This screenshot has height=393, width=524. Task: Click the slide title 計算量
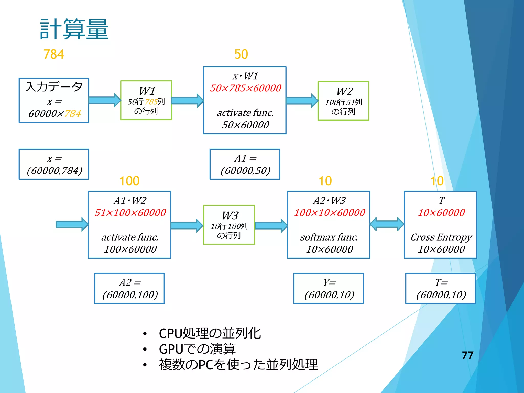74,29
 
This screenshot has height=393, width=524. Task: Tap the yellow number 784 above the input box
53,54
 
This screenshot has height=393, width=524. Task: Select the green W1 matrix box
146,100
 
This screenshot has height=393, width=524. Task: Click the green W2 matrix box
343,101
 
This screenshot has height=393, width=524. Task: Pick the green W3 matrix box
229,225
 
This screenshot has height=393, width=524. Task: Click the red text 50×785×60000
245,88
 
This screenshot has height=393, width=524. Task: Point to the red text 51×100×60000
130,213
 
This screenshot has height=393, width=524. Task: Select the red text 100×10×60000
329,213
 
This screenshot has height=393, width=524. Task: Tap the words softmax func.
329,237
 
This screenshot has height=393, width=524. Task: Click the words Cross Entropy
441,237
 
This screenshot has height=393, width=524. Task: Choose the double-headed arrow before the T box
387,224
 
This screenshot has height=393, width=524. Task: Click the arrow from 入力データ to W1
105,100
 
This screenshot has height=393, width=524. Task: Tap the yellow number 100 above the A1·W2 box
129,181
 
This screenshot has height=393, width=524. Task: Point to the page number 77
467,355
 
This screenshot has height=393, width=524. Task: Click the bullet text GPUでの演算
197,349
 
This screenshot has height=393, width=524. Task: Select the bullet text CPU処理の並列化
210,333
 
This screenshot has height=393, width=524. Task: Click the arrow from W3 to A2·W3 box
271,225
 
